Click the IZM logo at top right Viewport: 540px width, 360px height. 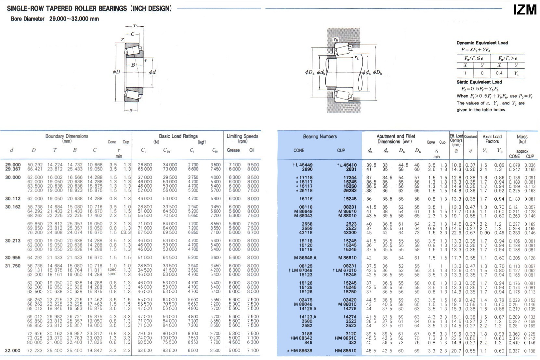click(525, 9)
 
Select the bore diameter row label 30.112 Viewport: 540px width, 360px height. click(13, 198)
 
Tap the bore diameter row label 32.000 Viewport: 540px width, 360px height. click(13, 351)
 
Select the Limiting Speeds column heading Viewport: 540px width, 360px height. click(242, 136)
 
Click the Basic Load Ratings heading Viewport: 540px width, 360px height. click(178, 136)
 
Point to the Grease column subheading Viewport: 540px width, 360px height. click(233, 150)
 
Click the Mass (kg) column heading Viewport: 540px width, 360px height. click(522, 139)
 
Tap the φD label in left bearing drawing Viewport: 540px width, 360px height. click(116, 72)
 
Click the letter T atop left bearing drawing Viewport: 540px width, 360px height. click(134, 27)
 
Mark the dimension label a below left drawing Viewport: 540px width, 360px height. click(131, 111)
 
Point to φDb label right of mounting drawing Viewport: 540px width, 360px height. click(377, 73)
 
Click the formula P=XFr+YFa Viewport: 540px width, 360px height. click(475, 50)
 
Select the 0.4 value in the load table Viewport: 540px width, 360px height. click(499, 73)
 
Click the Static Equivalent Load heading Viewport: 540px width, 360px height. click(479, 82)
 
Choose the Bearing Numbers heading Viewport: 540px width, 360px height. click(320, 137)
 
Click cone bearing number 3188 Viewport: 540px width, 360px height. click(307, 334)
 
